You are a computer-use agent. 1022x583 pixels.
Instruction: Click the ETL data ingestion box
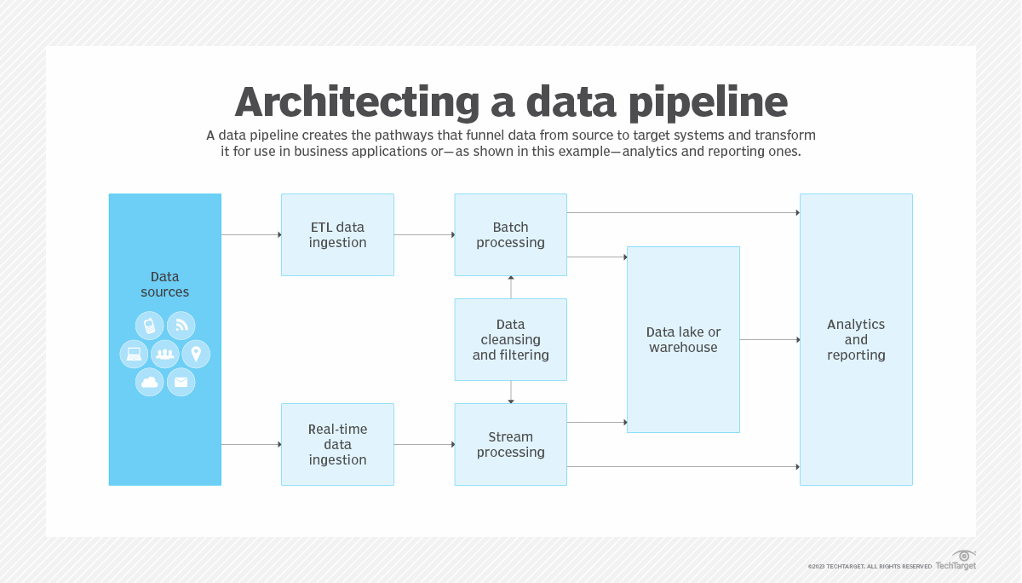point(337,234)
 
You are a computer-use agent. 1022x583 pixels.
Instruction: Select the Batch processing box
point(510,234)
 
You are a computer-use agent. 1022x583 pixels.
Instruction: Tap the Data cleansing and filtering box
point(510,339)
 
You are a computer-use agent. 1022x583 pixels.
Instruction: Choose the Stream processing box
point(510,444)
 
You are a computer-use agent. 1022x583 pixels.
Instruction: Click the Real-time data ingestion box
point(337,444)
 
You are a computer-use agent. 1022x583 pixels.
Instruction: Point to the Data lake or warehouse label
point(683,339)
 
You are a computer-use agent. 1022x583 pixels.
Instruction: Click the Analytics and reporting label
point(856,339)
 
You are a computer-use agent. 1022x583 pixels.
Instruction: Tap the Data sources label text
point(164,284)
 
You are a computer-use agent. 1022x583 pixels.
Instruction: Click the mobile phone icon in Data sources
point(150,326)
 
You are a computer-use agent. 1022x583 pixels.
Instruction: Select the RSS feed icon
point(181,326)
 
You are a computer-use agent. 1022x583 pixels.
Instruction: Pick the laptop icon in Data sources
point(134,354)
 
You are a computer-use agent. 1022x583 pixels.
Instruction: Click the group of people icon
point(165,354)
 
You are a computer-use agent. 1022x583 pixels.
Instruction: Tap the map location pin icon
point(196,354)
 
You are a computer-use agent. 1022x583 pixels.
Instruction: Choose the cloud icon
point(150,382)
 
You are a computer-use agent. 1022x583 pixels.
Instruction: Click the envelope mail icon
point(181,382)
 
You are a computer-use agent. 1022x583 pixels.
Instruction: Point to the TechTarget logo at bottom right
point(956,561)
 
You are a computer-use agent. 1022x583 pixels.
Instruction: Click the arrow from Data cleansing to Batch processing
point(511,287)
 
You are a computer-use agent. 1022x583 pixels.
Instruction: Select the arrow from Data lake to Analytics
point(769,339)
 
